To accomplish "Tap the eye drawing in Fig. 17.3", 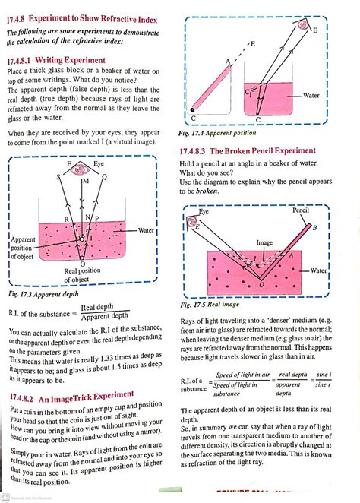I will [84, 173].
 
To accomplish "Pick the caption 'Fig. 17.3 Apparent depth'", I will [47, 293].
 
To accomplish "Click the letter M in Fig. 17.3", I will [85, 183].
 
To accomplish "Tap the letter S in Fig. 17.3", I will [57, 176].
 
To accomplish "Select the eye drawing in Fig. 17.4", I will [304, 26].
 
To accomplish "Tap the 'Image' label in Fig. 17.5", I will [264, 243].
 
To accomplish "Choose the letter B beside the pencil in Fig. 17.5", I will [314, 228].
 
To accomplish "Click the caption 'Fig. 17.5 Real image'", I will [213, 305].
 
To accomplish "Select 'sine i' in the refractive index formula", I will [324, 375].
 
